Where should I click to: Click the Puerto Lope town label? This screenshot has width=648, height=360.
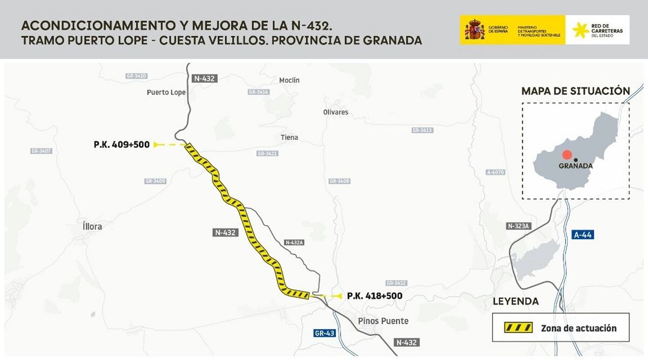click(x=166, y=92)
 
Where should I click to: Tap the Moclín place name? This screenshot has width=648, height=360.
click(x=289, y=80)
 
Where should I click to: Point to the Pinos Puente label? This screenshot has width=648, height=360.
click(x=383, y=321)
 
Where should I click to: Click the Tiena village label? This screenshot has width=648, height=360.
click(x=289, y=138)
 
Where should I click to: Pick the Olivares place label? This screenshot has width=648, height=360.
click(x=335, y=112)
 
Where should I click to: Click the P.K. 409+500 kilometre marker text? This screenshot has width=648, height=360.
click(x=122, y=145)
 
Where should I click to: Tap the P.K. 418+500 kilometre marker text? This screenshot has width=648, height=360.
click(x=374, y=296)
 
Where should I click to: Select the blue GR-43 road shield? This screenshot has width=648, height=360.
click(x=325, y=333)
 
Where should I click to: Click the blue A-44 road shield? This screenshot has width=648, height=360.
click(x=583, y=235)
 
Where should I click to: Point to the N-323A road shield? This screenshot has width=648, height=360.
click(x=518, y=226)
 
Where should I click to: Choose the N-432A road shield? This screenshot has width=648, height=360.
click(x=294, y=243)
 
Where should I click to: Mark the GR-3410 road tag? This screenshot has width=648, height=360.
click(x=136, y=76)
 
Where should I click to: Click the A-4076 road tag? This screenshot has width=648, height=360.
click(x=495, y=172)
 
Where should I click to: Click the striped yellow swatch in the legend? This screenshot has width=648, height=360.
click(x=518, y=328)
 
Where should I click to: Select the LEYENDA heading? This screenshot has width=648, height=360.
click(x=516, y=301)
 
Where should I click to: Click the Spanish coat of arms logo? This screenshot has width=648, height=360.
click(x=475, y=30)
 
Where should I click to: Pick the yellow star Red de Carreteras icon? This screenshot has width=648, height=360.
click(x=580, y=30)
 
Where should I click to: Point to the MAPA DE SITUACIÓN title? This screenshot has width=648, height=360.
click(x=576, y=91)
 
